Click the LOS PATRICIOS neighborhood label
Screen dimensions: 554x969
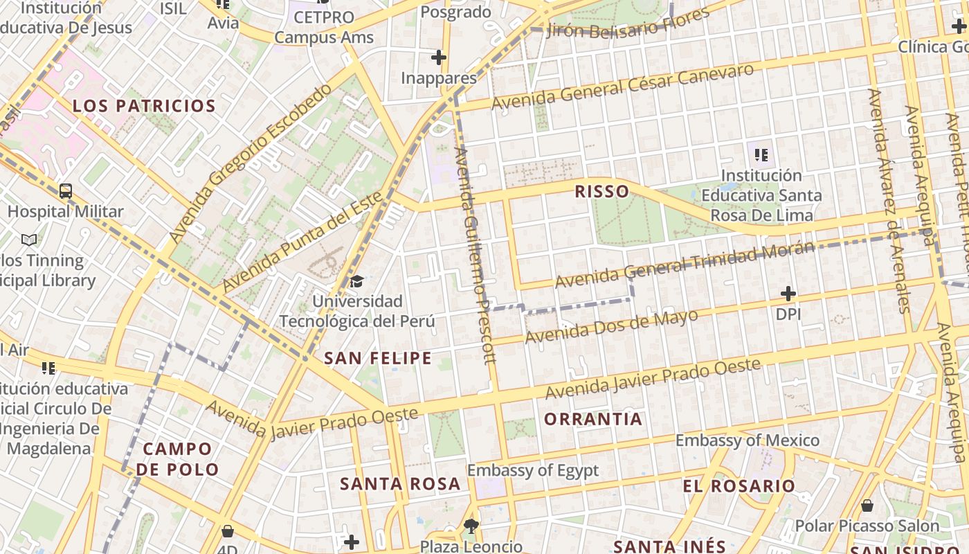pyautogui.click(x=144, y=106)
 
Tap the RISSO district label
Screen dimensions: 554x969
pyautogui.click(x=601, y=191)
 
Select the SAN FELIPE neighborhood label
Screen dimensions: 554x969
pyautogui.click(x=378, y=358)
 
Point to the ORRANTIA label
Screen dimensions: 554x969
pyautogui.click(x=593, y=419)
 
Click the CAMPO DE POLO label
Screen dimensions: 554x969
pyautogui.click(x=177, y=459)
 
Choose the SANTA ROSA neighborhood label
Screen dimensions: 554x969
pyautogui.click(x=400, y=483)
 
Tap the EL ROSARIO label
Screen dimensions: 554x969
pyautogui.click(x=739, y=485)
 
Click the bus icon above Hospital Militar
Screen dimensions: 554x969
pyautogui.click(x=66, y=191)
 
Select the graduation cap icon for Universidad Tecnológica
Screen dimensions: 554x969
pyautogui.click(x=356, y=281)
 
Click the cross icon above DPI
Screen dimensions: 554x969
pyautogui.click(x=788, y=294)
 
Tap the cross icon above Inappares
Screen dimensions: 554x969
pyautogui.click(x=439, y=57)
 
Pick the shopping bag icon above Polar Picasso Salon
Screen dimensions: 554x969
pyautogui.click(x=867, y=506)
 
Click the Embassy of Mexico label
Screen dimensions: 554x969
pyautogui.click(x=747, y=440)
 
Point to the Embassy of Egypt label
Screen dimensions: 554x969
pyautogui.click(x=532, y=470)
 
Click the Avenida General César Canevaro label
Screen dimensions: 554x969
pyautogui.click(x=622, y=87)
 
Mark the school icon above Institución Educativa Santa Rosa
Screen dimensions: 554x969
pyautogui.click(x=761, y=154)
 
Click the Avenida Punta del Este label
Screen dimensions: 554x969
pyautogui.click(x=302, y=242)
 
